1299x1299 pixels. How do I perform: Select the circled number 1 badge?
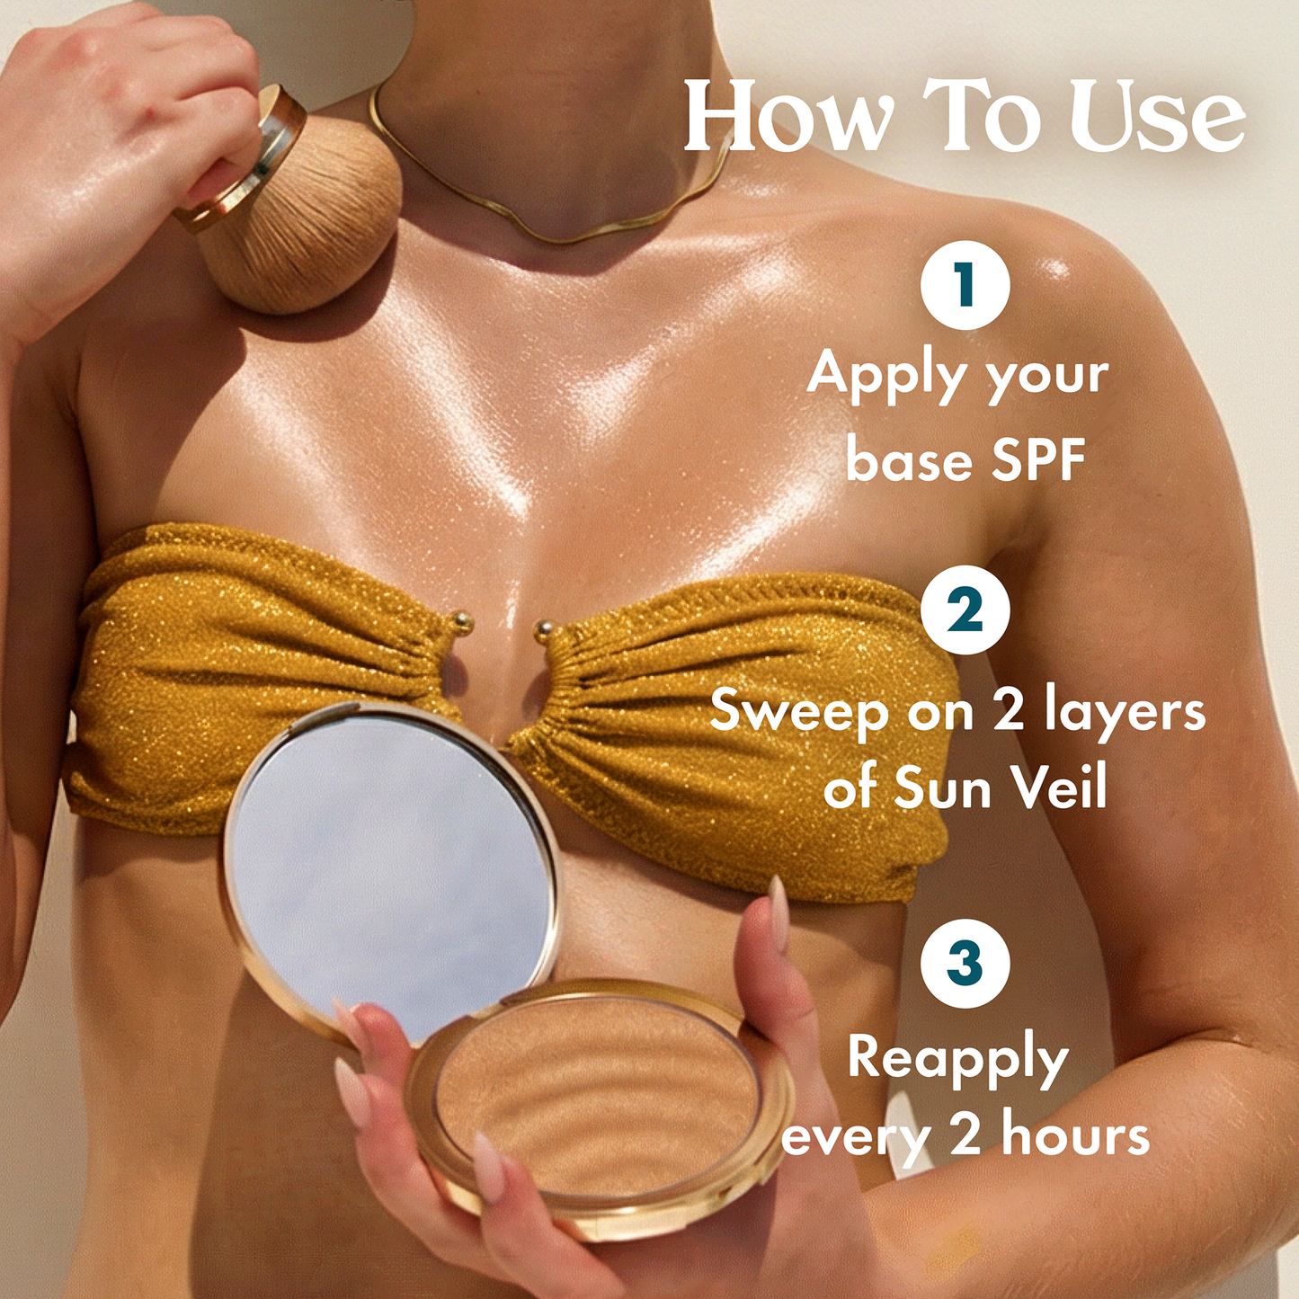tap(965, 284)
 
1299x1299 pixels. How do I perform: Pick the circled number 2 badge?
tap(965, 609)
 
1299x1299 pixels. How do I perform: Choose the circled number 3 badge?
tap(965, 962)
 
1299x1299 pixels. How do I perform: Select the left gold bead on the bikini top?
tap(462, 620)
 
